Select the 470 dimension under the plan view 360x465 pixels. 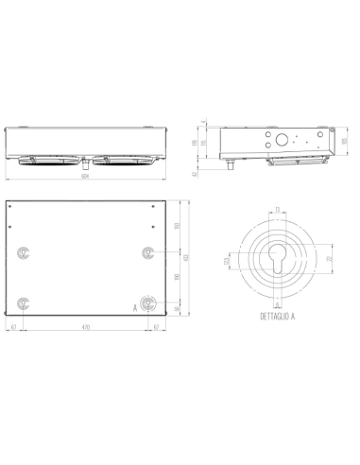tap(85, 326)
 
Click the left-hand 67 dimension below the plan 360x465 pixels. tap(14, 326)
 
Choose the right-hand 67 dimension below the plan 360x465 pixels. tap(156, 326)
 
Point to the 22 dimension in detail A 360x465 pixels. tap(328, 258)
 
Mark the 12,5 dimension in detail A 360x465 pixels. tap(226, 261)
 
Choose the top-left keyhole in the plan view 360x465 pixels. tap(24, 251)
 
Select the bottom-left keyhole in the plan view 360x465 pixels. tap(24, 302)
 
